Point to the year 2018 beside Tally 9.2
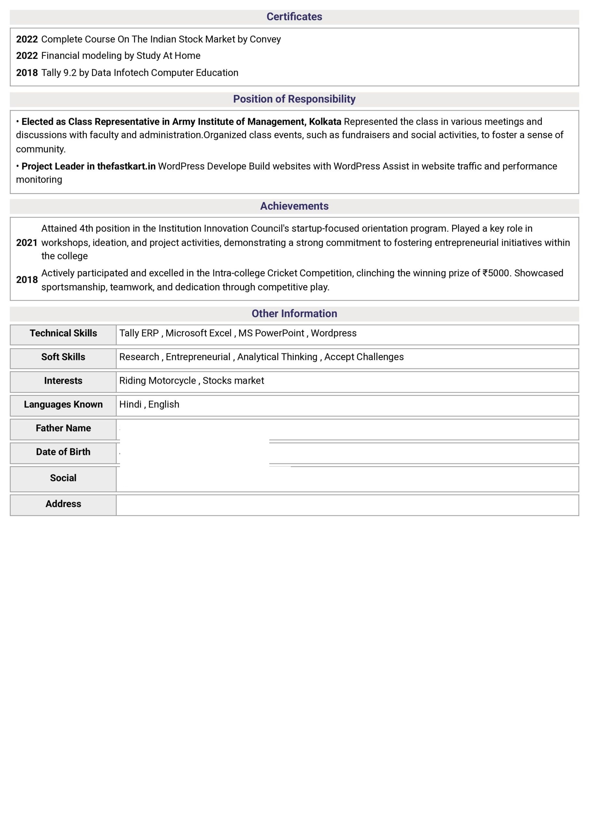click(x=27, y=73)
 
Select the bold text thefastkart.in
click(x=126, y=166)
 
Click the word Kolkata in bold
click(x=325, y=122)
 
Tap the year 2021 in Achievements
click(x=27, y=243)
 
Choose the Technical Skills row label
click(x=63, y=333)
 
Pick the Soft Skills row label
click(x=63, y=357)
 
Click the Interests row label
click(x=63, y=381)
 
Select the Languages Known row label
click(x=63, y=404)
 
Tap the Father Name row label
click(x=63, y=428)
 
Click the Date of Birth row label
click(x=63, y=452)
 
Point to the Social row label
click(x=63, y=478)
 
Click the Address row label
click(x=63, y=504)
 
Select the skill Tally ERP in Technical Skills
click(x=139, y=333)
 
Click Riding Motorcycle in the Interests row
click(x=157, y=381)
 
